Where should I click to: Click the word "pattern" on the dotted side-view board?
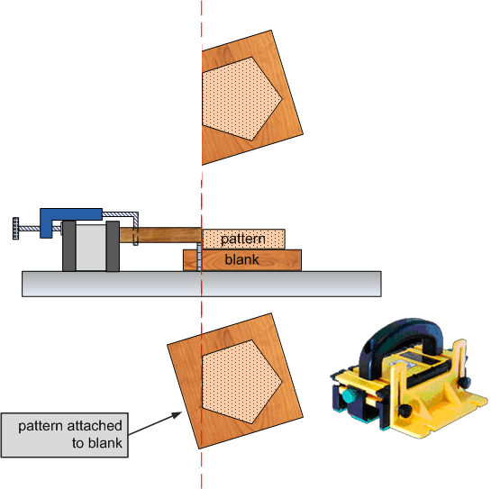(x=243, y=240)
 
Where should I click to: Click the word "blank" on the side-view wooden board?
(x=241, y=259)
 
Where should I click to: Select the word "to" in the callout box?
(x=78, y=443)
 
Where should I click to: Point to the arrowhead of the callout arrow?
(x=177, y=415)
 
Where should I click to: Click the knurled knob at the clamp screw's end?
(x=15, y=229)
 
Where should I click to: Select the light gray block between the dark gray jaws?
(x=91, y=248)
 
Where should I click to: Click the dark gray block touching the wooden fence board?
(x=113, y=246)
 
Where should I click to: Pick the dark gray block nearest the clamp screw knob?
(x=69, y=246)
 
